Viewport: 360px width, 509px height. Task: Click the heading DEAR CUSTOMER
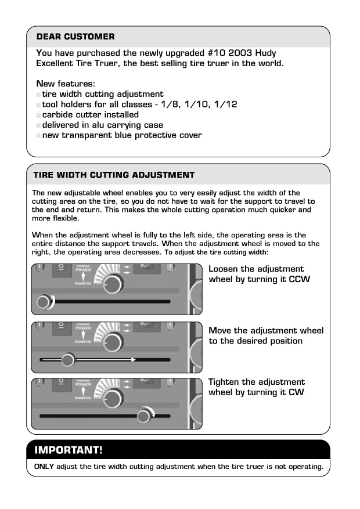(x=75, y=37)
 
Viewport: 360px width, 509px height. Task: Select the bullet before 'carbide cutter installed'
(x=38, y=115)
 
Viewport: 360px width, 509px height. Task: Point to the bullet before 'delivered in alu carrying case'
(x=38, y=125)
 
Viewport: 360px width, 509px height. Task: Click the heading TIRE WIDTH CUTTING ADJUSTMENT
(x=113, y=174)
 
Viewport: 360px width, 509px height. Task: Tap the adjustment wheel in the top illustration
(x=43, y=302)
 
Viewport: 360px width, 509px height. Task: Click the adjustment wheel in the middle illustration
(x=68, y=360)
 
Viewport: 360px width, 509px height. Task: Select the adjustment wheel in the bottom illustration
(x=143, y=416)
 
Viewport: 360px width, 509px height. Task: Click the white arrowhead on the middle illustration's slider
(x=133, y=360)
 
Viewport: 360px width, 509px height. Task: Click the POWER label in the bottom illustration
(x=83, y=384)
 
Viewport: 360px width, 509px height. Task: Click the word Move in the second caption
(x=220, y=331)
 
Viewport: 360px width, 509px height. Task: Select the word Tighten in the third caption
(x=225, y=382)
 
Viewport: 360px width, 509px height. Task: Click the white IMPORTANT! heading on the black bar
(x=69, y=450)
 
